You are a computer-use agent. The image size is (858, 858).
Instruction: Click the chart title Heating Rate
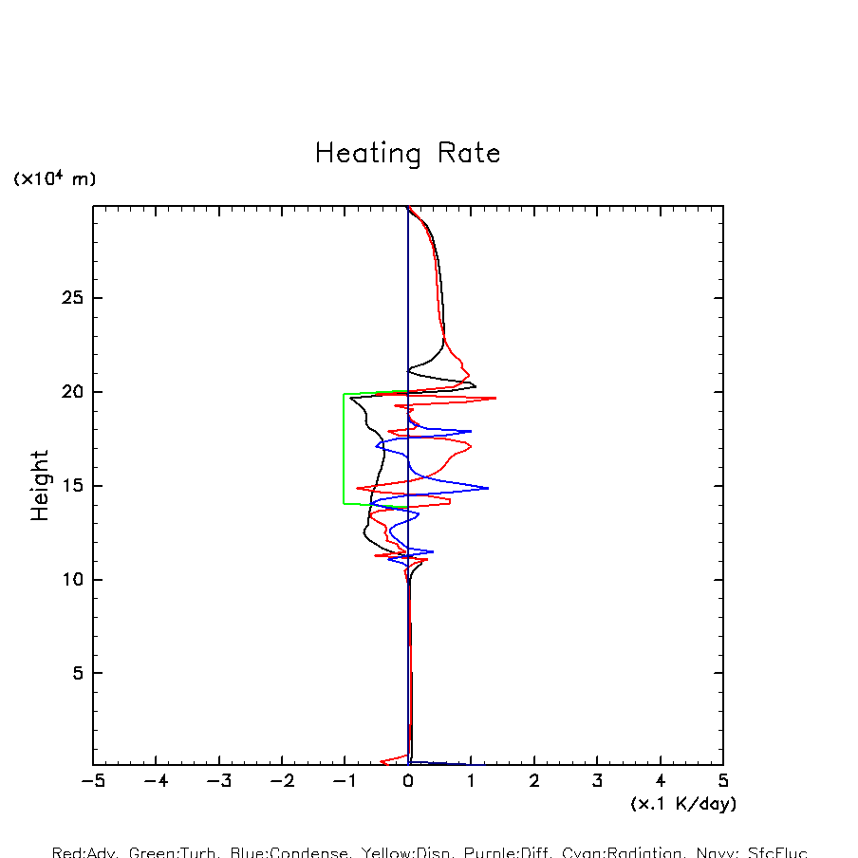click(x=407, y=154)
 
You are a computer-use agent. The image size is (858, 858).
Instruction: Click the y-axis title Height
click(x=40, y=485)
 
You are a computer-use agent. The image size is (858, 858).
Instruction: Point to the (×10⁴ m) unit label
click(x=54, y=178)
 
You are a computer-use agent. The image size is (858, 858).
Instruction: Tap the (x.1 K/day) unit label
click(x=683, y=803)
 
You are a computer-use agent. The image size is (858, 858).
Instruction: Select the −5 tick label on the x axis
click(x=92, y=781)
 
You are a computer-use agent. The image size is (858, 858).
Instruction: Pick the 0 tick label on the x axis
click(x=408, y=781)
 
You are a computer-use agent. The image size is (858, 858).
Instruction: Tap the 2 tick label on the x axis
click(x=534, y=781)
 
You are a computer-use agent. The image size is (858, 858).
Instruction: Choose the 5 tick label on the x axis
click(x=723, y=781)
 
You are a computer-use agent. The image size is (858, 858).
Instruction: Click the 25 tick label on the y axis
click(x=72, y=298)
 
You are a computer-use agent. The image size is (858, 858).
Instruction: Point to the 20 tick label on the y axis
click(x=72, y=392)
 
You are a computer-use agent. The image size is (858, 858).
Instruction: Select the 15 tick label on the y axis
click(x=72, y=486)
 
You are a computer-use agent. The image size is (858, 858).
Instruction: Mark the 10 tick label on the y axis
click(x=72, y=579)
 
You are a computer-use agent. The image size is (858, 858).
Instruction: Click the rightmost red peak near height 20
click(x=495, y=398)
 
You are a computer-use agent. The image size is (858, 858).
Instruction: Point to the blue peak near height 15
click(x=488, y=488)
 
